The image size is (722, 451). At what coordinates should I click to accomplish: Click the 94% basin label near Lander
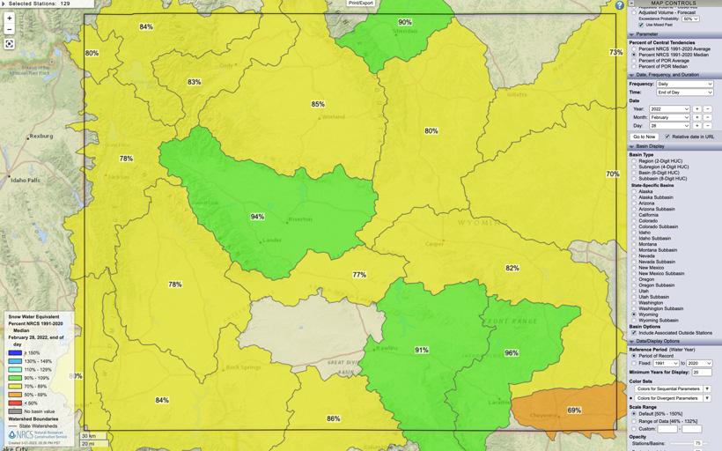pyautogui.click(x=257, y=217)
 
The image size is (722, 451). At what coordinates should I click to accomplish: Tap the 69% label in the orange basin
pyautogui.click(x=574, y=410)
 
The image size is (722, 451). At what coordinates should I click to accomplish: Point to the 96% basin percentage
pyautogui.click(x=512, y=353)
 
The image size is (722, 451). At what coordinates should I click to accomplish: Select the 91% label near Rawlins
pyautogui.click(x=422, y=350)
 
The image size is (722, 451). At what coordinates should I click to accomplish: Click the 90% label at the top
pyautogui.click(x=404, y=22)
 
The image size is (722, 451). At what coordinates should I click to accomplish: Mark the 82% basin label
pyautogui.click(x=512, y=268)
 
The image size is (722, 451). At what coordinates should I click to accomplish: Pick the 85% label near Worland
pyautogui.click(x=318, y=104)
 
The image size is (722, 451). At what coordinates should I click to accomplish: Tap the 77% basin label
pyautogui.click(x=359, y=275)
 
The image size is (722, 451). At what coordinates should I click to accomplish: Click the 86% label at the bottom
pyautogui.click(x=333, y=418)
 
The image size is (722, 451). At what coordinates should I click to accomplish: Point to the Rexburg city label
pyautogui.click(x=41, y=137)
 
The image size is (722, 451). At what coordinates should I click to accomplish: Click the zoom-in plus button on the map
pyautogui.click(x=10, y=18)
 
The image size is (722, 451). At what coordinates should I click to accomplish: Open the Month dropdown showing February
pyautogui.click(x=669, y=117)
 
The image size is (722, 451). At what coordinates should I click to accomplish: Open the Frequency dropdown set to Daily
pyautogui.click(x=683, y=84)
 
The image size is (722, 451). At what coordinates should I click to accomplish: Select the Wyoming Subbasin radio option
pyautogui.click(x=634, y=320)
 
